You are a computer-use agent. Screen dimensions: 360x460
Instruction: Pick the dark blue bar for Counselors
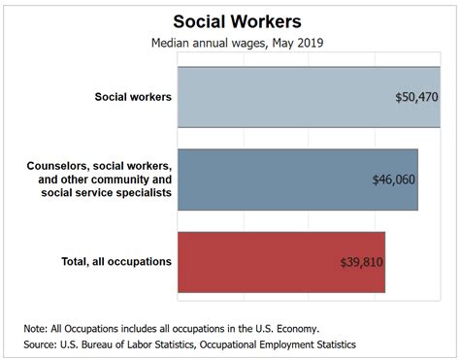(272, 180)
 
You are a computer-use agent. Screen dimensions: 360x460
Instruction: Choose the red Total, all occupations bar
(262, 262)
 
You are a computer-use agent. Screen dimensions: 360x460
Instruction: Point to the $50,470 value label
(417, 98)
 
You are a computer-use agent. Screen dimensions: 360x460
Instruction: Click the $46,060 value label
(394, 180)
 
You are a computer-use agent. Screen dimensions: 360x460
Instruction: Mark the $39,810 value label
(362, 262)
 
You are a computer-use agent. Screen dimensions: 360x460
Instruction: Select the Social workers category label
(133, 97)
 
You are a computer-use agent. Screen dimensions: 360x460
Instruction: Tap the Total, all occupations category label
(103, 261)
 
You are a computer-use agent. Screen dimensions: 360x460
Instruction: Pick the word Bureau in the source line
(114, 344)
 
